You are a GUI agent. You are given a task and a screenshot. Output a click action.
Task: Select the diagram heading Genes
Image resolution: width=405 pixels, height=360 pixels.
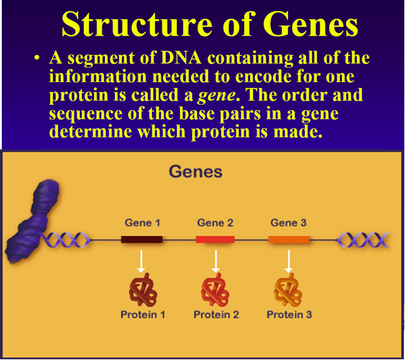coord(195,171)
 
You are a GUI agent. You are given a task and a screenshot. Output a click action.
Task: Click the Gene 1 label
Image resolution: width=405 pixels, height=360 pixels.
coord(142,223)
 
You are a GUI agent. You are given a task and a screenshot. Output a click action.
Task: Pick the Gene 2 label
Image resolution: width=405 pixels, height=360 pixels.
coord(215,223)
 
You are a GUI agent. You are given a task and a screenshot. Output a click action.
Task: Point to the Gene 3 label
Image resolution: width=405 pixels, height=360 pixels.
coord(288,223)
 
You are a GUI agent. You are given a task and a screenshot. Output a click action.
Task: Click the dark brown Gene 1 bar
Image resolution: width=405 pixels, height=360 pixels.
coord(142,239)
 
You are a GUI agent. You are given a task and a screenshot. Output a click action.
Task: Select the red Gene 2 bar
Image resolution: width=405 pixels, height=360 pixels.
coord(215,239)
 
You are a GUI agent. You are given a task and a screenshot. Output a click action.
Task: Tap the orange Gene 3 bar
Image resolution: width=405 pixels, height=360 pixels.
coord(288,239)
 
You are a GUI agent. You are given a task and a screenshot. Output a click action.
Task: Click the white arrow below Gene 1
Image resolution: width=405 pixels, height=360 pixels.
coord(142,261)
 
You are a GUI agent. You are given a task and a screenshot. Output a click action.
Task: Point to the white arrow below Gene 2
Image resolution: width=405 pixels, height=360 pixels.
coord(216,261)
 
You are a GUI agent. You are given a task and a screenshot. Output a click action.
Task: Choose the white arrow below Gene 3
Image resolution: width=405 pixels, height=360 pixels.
coord(288,261)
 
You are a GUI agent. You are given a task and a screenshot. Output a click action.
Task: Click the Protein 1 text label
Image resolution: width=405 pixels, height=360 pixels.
coord(143,314)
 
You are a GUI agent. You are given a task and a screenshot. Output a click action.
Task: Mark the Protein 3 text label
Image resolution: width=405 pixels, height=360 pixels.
coord(289,314)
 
